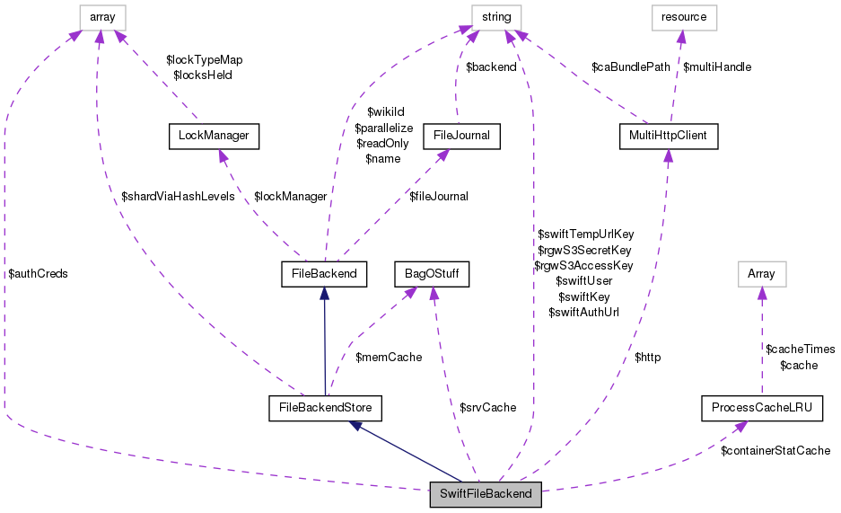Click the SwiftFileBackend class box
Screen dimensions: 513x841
pos(486,493)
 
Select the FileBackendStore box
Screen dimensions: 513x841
pos(326,408)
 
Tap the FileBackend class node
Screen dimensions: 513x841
pos(324,273)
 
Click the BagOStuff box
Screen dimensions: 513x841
pos(433,273)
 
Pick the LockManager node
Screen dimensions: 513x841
pos(214,137)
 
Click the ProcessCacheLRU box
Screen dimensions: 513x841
pos(761,408)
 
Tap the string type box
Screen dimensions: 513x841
pos(496,16)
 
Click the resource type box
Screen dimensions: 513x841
pos(683,16)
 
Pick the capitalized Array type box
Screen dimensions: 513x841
pos(761,273)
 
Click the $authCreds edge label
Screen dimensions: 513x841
pos(38,273)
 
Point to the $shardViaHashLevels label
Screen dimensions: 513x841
pos(178,196)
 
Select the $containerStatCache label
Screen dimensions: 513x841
pos(775,450)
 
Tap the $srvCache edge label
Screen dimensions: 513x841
pos(487,408)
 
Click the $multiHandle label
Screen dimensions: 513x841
pos(717,66)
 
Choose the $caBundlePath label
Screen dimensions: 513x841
pos(630,66)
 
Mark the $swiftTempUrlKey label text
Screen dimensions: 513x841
pos(585,234)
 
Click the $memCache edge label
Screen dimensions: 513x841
pos(389,358)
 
